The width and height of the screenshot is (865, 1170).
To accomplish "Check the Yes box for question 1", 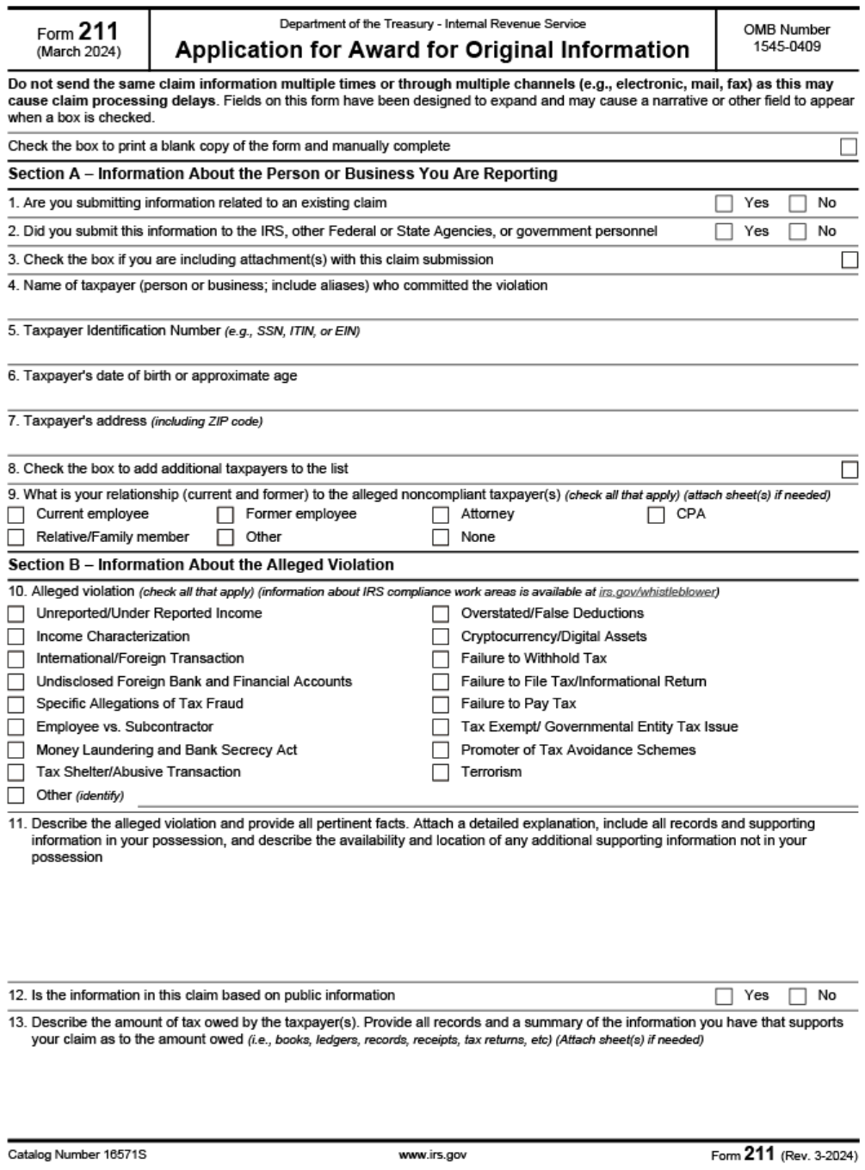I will pos(724,204).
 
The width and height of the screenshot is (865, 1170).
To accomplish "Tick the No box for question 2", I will pos(798,231).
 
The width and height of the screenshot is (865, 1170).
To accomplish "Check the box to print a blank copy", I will pos(849,147).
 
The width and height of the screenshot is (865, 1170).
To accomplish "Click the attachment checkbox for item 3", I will pos(849,260).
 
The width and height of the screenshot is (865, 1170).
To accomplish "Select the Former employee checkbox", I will pos(226,515).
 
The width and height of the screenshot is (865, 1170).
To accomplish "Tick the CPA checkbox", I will pos(656,515).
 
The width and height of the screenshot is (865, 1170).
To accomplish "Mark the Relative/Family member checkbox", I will pos(15,538).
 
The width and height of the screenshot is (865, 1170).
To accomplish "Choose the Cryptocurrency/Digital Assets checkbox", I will pos(441,637).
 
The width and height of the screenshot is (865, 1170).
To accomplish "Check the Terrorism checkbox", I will pos(441,773).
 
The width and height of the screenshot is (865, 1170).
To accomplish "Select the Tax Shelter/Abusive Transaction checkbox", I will pos(15,773).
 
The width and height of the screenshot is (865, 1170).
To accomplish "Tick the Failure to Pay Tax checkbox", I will pos(441,705).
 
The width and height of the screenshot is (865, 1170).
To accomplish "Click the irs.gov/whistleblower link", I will pos(658,592).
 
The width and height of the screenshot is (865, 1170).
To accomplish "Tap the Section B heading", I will pos(201,565).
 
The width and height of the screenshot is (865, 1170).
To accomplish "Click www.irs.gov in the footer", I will pos(432,1155).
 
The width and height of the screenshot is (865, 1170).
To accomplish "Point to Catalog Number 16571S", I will pos(71,1155).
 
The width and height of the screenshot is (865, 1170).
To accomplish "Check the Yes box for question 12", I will pos(724,996).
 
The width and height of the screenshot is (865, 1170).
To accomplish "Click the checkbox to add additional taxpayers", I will pos(849,470).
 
